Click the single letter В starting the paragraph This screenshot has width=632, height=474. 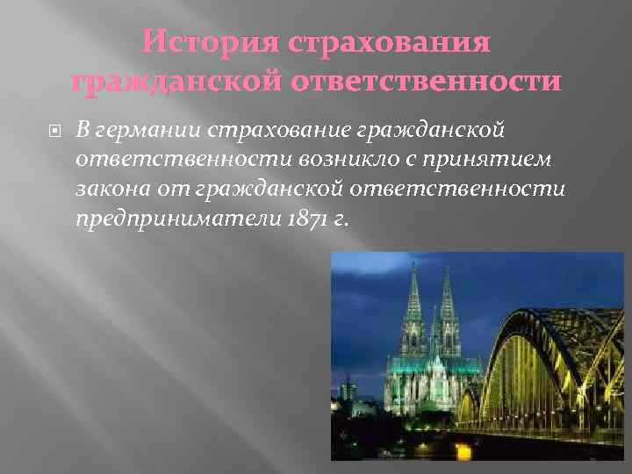coord(81,132)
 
